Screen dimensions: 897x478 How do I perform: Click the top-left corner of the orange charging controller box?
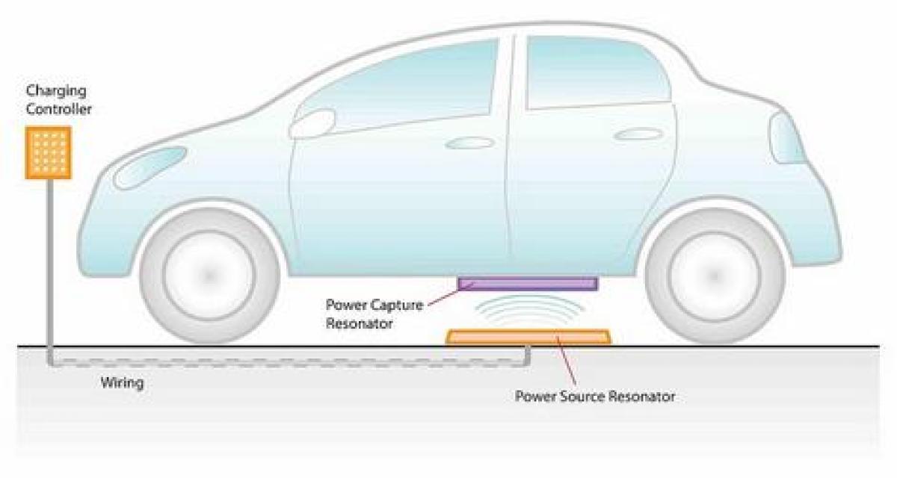(x=25, y=127)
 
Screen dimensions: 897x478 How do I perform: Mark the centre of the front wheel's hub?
(x=209, y=276)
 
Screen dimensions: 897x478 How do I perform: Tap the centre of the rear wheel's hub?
(x=715, y=276)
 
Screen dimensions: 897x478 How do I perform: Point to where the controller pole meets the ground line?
(x=50, y=346)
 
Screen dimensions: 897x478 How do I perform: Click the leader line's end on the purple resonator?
(x=474, y=284)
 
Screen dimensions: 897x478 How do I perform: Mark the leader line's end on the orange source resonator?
(x=558, y=337)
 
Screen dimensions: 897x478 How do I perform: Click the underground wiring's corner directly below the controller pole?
(x=51, y=363)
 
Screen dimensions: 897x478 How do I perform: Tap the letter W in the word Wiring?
(x=108, y=383)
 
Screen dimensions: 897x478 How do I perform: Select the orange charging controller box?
(x=49, y=153)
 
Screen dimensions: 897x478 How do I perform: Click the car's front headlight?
(x=150, y=167)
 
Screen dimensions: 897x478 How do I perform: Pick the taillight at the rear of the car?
(x=787, y=138)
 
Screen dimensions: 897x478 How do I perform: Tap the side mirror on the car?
(x=312, y=123)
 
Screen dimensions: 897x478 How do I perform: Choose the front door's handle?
(x=469, y=143)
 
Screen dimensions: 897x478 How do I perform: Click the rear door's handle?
(x=638, y=134)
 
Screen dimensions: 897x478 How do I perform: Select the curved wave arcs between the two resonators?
(x=528, y=310)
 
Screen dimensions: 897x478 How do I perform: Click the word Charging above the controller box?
(x=56, y=91)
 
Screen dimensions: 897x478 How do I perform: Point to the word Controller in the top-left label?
(x=59, y=109)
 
